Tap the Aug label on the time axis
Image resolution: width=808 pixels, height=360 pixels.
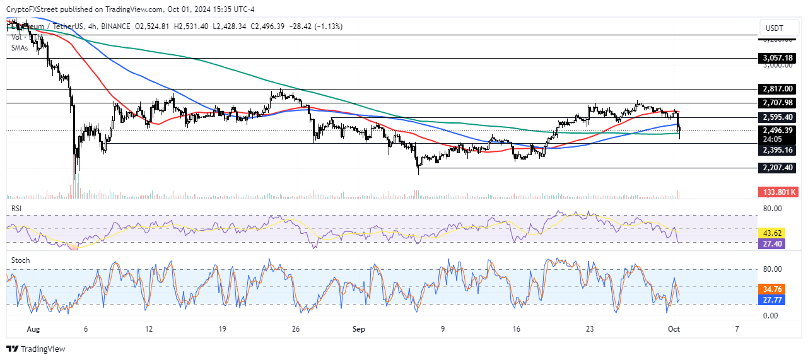pyautogui.click(x=34, y=329)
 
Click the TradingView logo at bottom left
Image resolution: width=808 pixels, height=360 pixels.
pyautogui.click(x=36, y=349)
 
